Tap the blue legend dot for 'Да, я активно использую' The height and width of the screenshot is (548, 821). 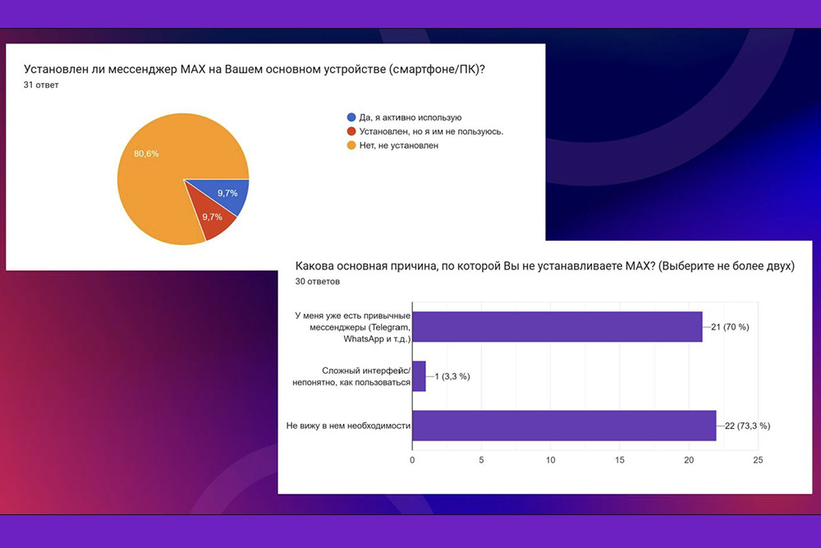tap(351, 117)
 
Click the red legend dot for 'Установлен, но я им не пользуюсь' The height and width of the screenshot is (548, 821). tap(351, 131)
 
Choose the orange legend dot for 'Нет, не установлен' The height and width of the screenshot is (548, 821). tap(351, 145)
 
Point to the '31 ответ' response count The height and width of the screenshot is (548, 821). tap(41, 85)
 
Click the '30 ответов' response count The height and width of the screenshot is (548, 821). tap(317, 281)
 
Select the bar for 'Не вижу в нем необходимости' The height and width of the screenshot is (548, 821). tap(565, 426)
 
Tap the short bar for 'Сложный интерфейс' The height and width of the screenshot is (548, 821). tap(419, 376)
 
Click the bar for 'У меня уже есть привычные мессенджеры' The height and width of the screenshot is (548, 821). tap(557, 327)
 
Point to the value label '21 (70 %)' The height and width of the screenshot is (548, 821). tap(730, 327)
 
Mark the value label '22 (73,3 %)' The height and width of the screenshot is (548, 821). tap(747, 426)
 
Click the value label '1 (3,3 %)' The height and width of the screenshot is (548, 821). tap(452, 376)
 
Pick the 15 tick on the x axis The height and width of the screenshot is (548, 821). tap(619, 460)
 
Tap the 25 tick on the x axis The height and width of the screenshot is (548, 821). tap(758, 460)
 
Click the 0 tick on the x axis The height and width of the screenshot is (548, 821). tap(412, 460)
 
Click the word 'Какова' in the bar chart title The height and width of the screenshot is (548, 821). tap(314, 265)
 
